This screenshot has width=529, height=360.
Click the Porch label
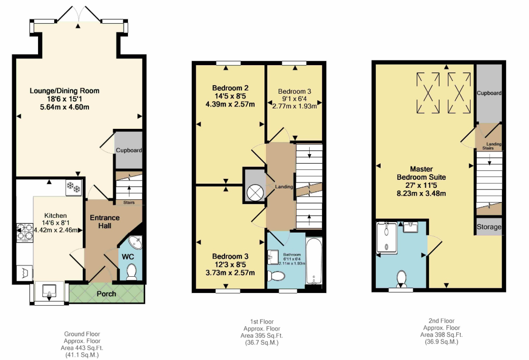coord(106,294)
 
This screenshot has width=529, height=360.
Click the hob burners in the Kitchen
coord(25,232)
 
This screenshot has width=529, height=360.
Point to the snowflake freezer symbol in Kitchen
coord(74,187)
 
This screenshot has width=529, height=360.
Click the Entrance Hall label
coord(105,222)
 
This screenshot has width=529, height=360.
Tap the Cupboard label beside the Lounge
coord(129,150)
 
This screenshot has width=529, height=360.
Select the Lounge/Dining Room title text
coord(64,90)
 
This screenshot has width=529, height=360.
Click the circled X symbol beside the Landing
coord(255,193)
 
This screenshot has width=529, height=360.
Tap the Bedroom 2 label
coord(230,88)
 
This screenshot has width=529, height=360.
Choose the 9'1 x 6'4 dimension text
coord(295,99)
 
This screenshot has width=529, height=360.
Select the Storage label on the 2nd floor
coord(489,227)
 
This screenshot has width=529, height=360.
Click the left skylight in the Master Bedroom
coord(428,93)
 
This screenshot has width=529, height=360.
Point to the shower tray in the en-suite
coord(387,237)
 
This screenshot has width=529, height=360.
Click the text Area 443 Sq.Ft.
coord(82,348)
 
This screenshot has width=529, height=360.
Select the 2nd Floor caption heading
coord(441,321)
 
